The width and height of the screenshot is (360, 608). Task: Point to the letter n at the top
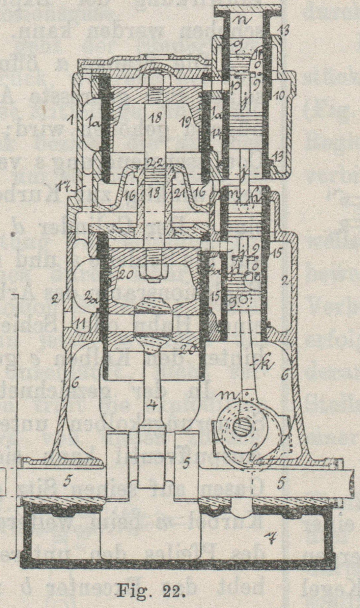[x=245, y=20]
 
